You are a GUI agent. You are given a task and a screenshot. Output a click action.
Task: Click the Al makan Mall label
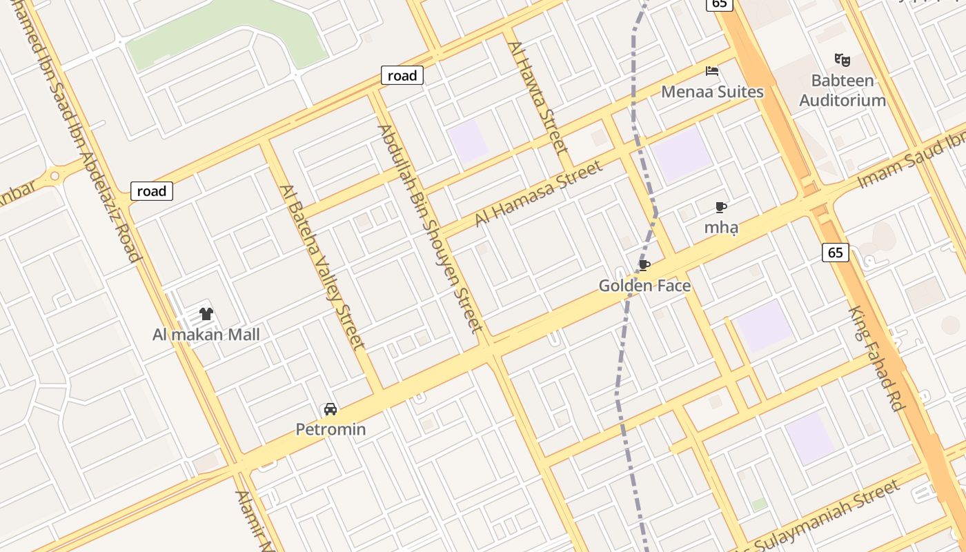(206, 335)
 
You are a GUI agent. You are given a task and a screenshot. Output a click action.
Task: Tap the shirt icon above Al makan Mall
(206, 314)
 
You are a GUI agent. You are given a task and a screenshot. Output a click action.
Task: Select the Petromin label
(331, 430)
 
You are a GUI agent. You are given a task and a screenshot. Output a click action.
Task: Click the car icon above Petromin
(331, 409)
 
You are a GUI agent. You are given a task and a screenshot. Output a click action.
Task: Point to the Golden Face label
(644, 286)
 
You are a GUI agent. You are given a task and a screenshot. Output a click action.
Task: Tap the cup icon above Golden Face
(644, 266)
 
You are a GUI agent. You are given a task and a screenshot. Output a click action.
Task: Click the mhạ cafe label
(721, 227)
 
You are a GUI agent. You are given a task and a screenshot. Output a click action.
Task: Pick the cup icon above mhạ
(721, 207)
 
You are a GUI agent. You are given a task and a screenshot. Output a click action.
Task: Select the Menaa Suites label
(712, 92)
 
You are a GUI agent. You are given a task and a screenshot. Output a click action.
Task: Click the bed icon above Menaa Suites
(712, 71)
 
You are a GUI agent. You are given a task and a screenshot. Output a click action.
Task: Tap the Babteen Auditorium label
(842, 90)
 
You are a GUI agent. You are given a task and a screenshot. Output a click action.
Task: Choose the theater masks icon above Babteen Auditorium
(842, 60)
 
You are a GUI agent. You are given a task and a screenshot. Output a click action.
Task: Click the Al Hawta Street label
(538, 97)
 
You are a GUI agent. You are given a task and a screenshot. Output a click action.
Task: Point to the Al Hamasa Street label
(539, 193)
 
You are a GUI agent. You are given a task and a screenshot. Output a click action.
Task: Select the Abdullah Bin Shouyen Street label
(428, 228)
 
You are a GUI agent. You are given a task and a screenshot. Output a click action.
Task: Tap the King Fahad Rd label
(876, 359)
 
